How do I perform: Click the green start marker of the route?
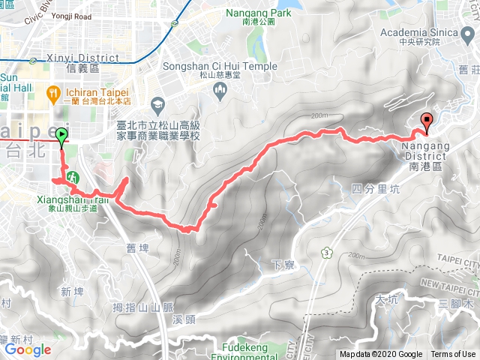pos(61,135)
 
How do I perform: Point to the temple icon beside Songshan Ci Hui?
pos(220,91)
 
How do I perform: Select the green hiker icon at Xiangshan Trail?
pos(73,178)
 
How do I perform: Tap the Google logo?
pos(28,349)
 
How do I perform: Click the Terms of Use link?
pos(453,355)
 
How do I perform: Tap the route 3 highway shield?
pos(327,253)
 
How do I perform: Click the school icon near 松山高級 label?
pos(157,103)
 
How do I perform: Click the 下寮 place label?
pos(277,264)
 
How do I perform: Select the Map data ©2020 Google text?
pos(380,355)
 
